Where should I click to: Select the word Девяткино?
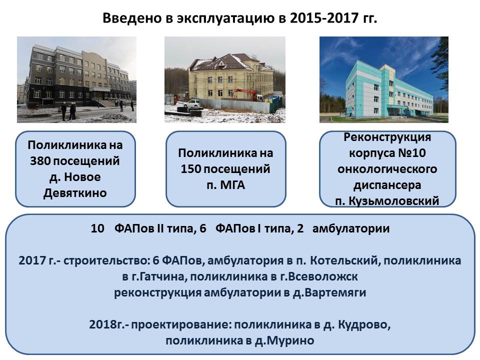pyautogui.click(x=75, y=193)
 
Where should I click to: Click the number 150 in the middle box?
pyautogui.click(x=190, y=168)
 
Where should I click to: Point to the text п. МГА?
pyautogui.click(x=225, y=185)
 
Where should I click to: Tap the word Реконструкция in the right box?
pyautogui.click(x=387, y=137)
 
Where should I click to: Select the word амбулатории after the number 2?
pyautogui.click(x=351, y=228)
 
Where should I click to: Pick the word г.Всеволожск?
pyautogui.click(x=319, y=276)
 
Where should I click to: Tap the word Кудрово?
pyautogui.click(x=364, y=324)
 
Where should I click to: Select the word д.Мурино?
pyautogui.click(x=284, y=340)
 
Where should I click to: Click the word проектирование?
pyautogui.click(x=181, y=324)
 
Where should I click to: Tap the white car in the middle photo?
pyautogui.click(x=192, y=103)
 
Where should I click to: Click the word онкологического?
pyautogui.click(x=387, y=169)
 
